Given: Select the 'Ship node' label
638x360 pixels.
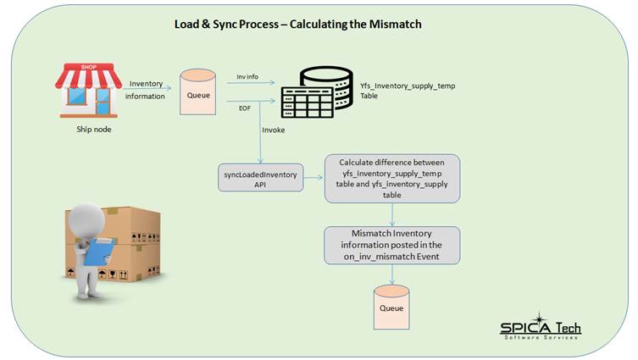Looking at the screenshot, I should (x=90, y=130).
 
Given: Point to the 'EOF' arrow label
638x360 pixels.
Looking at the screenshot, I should (x=246, y=108).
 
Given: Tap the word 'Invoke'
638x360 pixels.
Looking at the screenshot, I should (x=274, y=131).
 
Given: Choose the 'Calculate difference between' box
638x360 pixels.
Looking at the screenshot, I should (x=392, y=178).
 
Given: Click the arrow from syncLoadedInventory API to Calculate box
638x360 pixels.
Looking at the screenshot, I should (x=313, y=178).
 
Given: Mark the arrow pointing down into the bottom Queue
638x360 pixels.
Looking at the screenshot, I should (x=391, y=274).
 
